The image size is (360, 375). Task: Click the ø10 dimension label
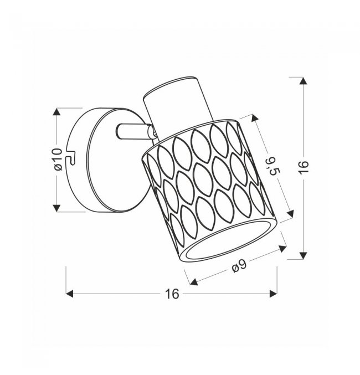pyautogui.click(x=59, y=160)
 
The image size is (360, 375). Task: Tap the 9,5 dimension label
pyautogui.click(x=273, y=166)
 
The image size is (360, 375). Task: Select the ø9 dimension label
pyautogui.click(x=239, y=266)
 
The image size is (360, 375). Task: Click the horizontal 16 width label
pyautogui.click(x=172, y=294)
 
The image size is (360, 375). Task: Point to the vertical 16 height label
pyautogui.click(x=304, y=167)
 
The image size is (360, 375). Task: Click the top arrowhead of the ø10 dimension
pyautogui.click(x=56, y=112)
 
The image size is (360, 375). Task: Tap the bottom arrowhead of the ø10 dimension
pyautogui.click(x=56, y=208)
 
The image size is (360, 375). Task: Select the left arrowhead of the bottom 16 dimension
pyautogui.click(x=69, y=294)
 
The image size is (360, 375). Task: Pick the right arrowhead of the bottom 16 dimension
pyautogui.click(x=273, y=294)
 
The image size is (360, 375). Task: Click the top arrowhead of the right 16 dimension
pyautogui.click(x=304, y=81)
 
